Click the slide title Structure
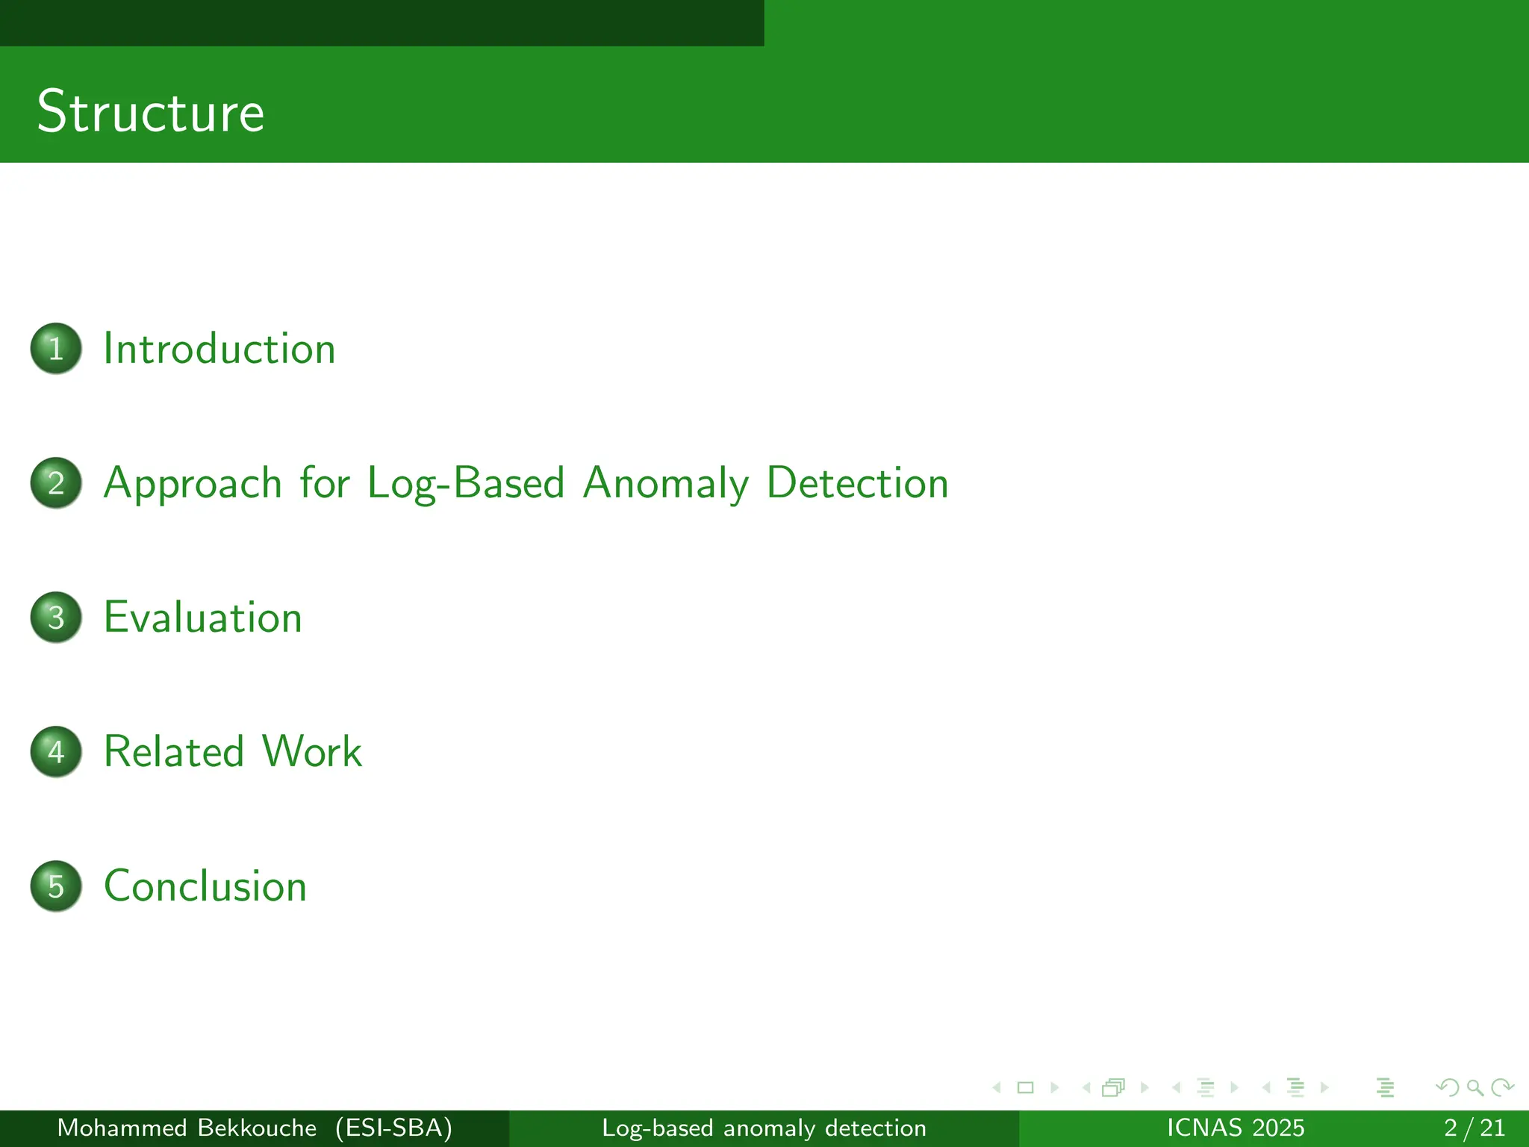[x=150, y=111]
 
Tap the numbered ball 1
[x=56, y=348]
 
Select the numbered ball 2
[x=56, y=482]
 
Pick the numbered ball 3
[x=56, y=617]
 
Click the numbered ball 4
[x=56, y=751]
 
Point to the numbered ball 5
[x=56, y=886]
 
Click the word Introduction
[x=219, y=349]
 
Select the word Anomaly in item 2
[x=665, y=483]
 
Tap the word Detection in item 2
[x=857, y=483]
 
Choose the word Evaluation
[x=202, y=618]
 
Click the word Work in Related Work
[x=312, y=751]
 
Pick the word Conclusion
[x=205, y=886]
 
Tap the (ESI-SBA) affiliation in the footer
[x=393, y=1128]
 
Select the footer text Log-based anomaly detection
[x=764, y=1128]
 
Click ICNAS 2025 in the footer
[x=1235, y=1128]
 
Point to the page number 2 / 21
[x=1474, y=1128]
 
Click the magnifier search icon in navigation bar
[x=1474, y=1087]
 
